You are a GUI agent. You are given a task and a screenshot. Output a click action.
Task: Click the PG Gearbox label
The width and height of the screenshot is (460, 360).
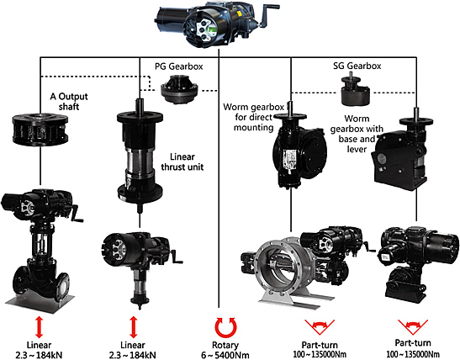pos(179,66)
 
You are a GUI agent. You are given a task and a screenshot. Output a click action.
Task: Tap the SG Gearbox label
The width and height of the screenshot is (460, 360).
pos(357,66)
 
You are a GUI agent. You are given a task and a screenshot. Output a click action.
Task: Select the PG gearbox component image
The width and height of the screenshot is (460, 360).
pos(180,89)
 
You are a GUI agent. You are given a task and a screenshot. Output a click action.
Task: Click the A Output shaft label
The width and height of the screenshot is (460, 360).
pos(69,101)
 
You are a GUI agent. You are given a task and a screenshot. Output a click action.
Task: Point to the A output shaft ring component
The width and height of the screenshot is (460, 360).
pos(40,129)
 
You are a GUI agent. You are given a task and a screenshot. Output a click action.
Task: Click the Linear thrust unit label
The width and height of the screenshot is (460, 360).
pos(182,161)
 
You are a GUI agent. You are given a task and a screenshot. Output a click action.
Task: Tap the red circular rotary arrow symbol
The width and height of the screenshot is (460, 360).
pos(225,327)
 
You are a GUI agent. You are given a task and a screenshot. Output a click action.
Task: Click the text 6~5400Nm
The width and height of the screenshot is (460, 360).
pos(225,355)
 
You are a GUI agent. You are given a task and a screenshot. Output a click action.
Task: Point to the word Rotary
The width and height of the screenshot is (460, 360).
pos(225,345)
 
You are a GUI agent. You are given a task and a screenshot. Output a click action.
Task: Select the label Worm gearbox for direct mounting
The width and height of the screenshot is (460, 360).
pos(253,117)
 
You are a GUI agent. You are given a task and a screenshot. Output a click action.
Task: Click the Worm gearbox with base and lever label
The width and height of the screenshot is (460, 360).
pos(357,134)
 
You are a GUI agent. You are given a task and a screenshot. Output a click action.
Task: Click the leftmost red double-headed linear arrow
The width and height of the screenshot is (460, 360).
pos(39,327)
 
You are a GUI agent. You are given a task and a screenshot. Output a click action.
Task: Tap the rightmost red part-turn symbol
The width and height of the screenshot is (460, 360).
pos(413,327)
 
